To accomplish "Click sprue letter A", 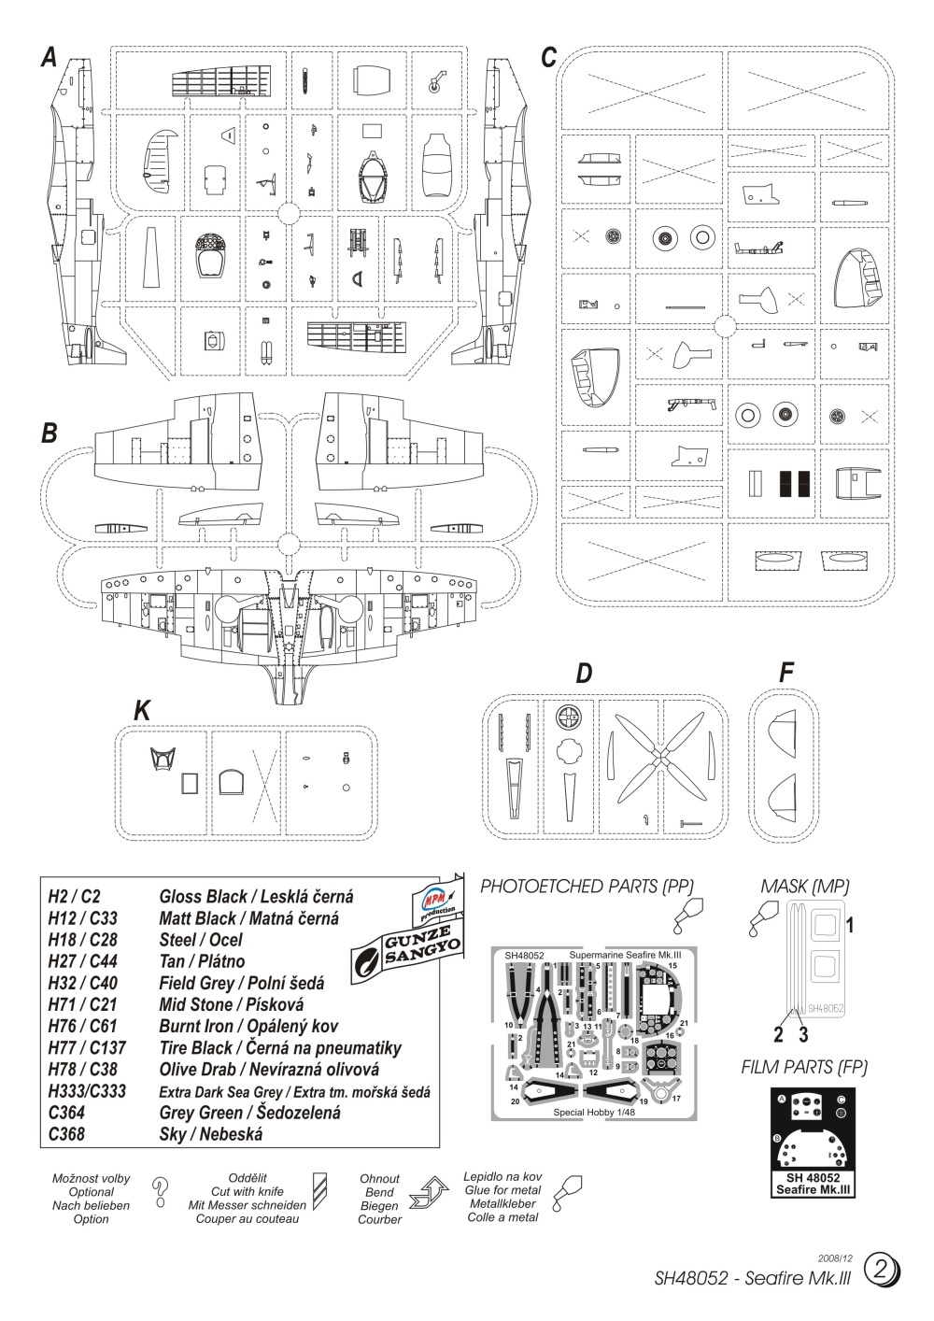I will pyautogui.click(x=50, y=58).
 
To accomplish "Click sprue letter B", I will pyautogui.click(x=50, y=433).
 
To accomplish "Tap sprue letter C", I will pyautogui.click(x=549, y=58).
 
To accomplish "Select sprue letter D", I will pyautogui.click(x=584, y=673).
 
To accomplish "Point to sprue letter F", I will pyautogui.click(x=786, y=673).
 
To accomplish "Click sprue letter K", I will pyautogui.click(x=142, y=711).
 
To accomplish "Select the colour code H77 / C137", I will pyautogui.click(x=87, y=1048).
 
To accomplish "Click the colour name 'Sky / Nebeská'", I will pyautogui.click(x=211, y=1135).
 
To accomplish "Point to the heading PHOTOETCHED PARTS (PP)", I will pyautogui.click(x=587, y=886).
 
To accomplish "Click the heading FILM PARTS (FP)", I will pyautogui.click(x=803, y=1067).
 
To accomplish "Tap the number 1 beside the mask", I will pyautogui.click(x=851, y=925).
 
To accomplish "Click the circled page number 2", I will pyautogui.click(x=882, y=1270).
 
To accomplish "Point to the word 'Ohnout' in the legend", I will pyautogui.click(x=379, y=1179).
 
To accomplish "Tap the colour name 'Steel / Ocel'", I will pyautogui.click(x=201, y=940).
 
